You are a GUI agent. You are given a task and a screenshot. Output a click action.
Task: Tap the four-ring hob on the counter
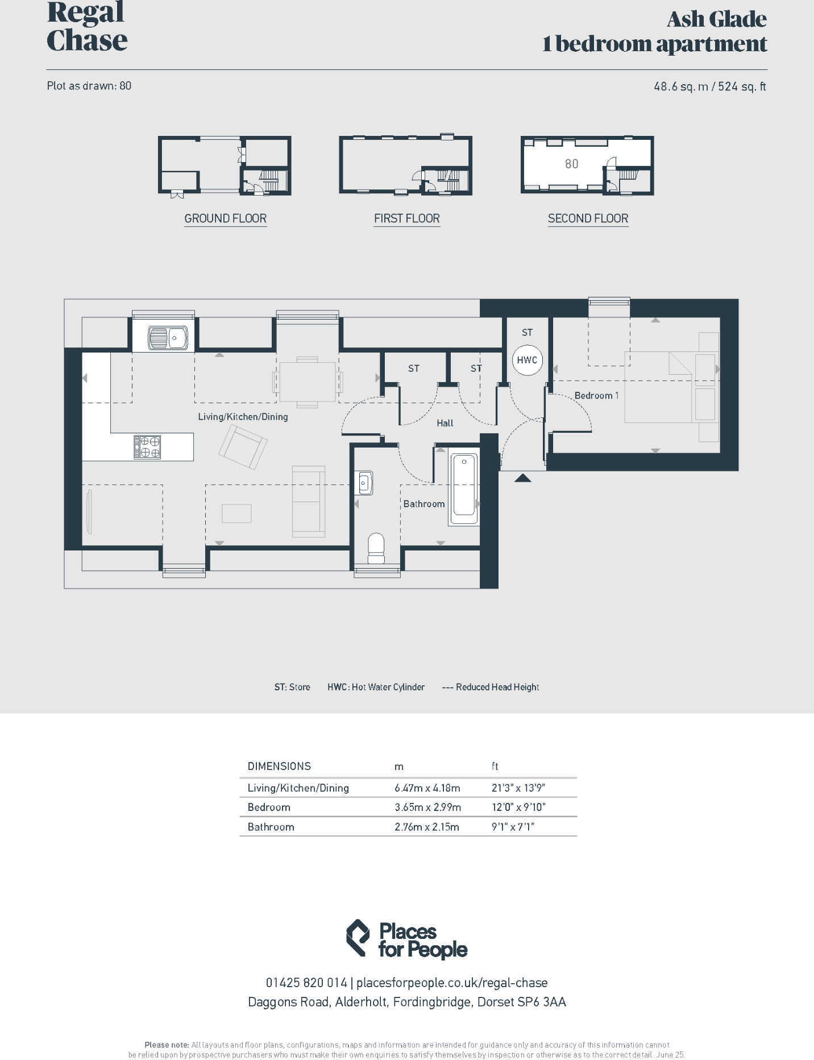(148, 447)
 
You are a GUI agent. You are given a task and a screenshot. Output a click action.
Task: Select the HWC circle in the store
(527, 360)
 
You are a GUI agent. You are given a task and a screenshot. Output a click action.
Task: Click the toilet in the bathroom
(376, 547)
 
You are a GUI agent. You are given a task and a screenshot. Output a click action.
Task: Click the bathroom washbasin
(364, 483)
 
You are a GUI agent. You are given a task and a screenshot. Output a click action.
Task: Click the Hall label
(445, 423)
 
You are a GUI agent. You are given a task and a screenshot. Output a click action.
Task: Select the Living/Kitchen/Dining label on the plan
(243, 417)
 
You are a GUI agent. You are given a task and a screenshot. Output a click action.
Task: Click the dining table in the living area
(308, 382)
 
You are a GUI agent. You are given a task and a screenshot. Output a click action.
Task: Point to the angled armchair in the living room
(243, 447)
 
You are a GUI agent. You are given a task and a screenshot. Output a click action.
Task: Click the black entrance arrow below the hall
(522, 478)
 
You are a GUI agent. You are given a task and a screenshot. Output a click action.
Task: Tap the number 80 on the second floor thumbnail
(571, 164)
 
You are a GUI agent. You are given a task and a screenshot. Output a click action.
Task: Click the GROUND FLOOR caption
(225, 218)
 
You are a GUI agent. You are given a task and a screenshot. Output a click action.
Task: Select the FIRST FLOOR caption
(406, 218)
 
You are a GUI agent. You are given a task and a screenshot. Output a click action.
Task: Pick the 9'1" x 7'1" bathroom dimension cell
(513, 827)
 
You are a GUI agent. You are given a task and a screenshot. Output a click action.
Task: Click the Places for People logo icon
(358, 938)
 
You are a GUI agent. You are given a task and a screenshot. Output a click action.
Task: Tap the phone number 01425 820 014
(306, 983)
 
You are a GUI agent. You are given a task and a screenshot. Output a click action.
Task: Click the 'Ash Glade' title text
(716, 19)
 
